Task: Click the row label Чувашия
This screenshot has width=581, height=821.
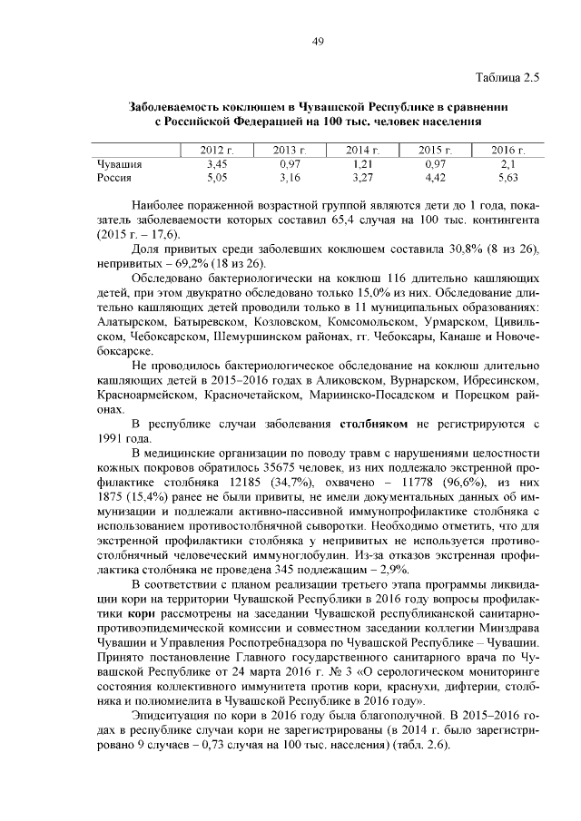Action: pyautogui.click(x=119, y=163)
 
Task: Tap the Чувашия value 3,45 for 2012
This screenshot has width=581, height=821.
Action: pyautogui.click(x=216, y=163)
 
